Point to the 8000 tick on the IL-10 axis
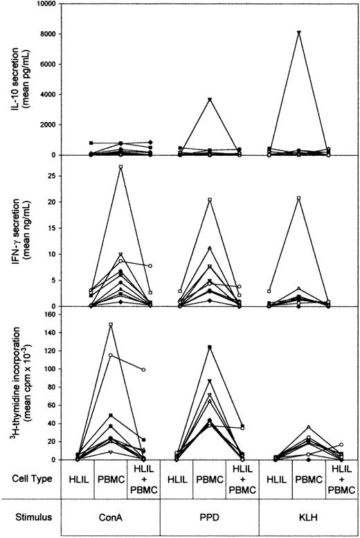point(55,34)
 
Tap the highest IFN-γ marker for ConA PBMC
point(120,167)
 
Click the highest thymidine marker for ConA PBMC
point(120,324)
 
